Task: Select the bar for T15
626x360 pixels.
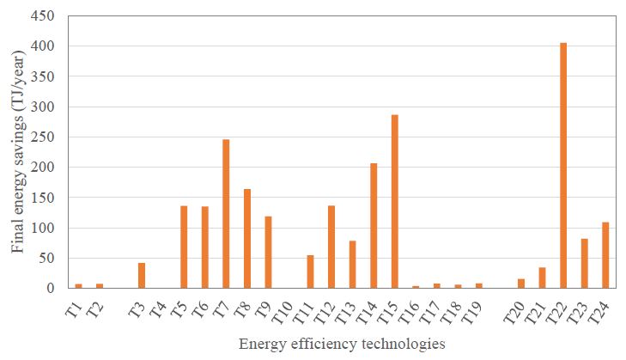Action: coord(395,201)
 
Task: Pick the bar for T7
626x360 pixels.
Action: coord(226,214)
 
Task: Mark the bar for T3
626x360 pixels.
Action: coord(142,275)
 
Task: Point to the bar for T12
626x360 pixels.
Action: coord(331,247)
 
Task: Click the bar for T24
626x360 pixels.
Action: coord(605,255)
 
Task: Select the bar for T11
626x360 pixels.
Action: coord(310,272)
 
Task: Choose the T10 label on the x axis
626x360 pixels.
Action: coord(283,309)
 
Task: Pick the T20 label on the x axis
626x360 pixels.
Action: coord(514,309)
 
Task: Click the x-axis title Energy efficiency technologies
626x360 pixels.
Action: coord(343,345)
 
